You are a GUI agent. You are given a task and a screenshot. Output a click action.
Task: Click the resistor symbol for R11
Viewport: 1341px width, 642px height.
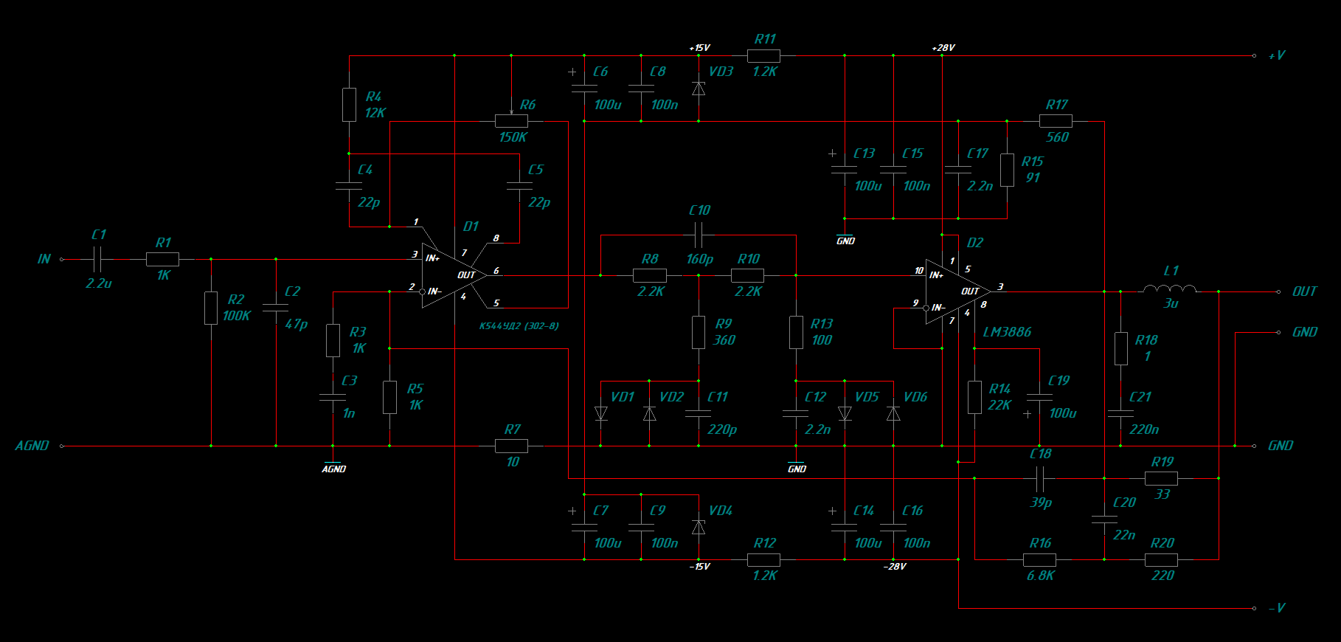click(x=763, y=55)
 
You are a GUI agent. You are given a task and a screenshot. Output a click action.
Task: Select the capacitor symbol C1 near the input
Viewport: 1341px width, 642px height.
click(x=98, y=259)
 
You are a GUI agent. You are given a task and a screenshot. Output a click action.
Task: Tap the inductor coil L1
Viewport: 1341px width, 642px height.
click(x=1170, y=289)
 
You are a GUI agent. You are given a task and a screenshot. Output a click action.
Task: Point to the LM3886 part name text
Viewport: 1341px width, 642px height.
click(x=1007, y=332)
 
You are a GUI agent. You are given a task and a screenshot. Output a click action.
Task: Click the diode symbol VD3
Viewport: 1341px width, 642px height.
click(x=699, y=89)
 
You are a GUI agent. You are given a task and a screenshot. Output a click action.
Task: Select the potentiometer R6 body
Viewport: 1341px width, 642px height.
click(x=511, y=121)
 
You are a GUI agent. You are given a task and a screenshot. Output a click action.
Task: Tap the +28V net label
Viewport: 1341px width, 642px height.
click(x=943, y=48)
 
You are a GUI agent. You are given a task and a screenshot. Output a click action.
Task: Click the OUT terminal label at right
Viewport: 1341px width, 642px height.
click(x=1304, y=291)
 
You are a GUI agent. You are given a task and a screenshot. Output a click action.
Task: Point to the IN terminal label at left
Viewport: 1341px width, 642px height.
click(x=44, y=259)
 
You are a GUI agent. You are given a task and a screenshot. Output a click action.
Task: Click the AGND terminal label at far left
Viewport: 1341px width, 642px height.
click(x=32, y=446)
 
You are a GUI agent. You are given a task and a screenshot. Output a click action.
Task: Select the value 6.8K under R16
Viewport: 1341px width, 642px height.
click(x=1041, y=576)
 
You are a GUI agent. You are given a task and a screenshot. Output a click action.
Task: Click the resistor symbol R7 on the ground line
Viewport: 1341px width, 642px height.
click(x=511, y=446)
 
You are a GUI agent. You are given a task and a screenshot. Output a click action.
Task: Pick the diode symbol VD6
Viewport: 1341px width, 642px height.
click(x=893, y=413)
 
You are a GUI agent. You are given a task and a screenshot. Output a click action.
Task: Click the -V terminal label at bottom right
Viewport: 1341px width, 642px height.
click(x=1277, y=608)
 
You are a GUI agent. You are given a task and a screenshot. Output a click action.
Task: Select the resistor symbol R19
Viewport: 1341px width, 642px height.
click(x=1161, y=478)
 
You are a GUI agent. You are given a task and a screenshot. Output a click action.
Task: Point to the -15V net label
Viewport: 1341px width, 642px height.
click(x=699, y=567)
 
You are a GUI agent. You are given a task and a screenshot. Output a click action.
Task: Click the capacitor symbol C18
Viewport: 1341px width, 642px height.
click(x=1040, y=478)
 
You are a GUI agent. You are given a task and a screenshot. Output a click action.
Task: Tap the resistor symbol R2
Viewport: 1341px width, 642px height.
click(x=211, y=308)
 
